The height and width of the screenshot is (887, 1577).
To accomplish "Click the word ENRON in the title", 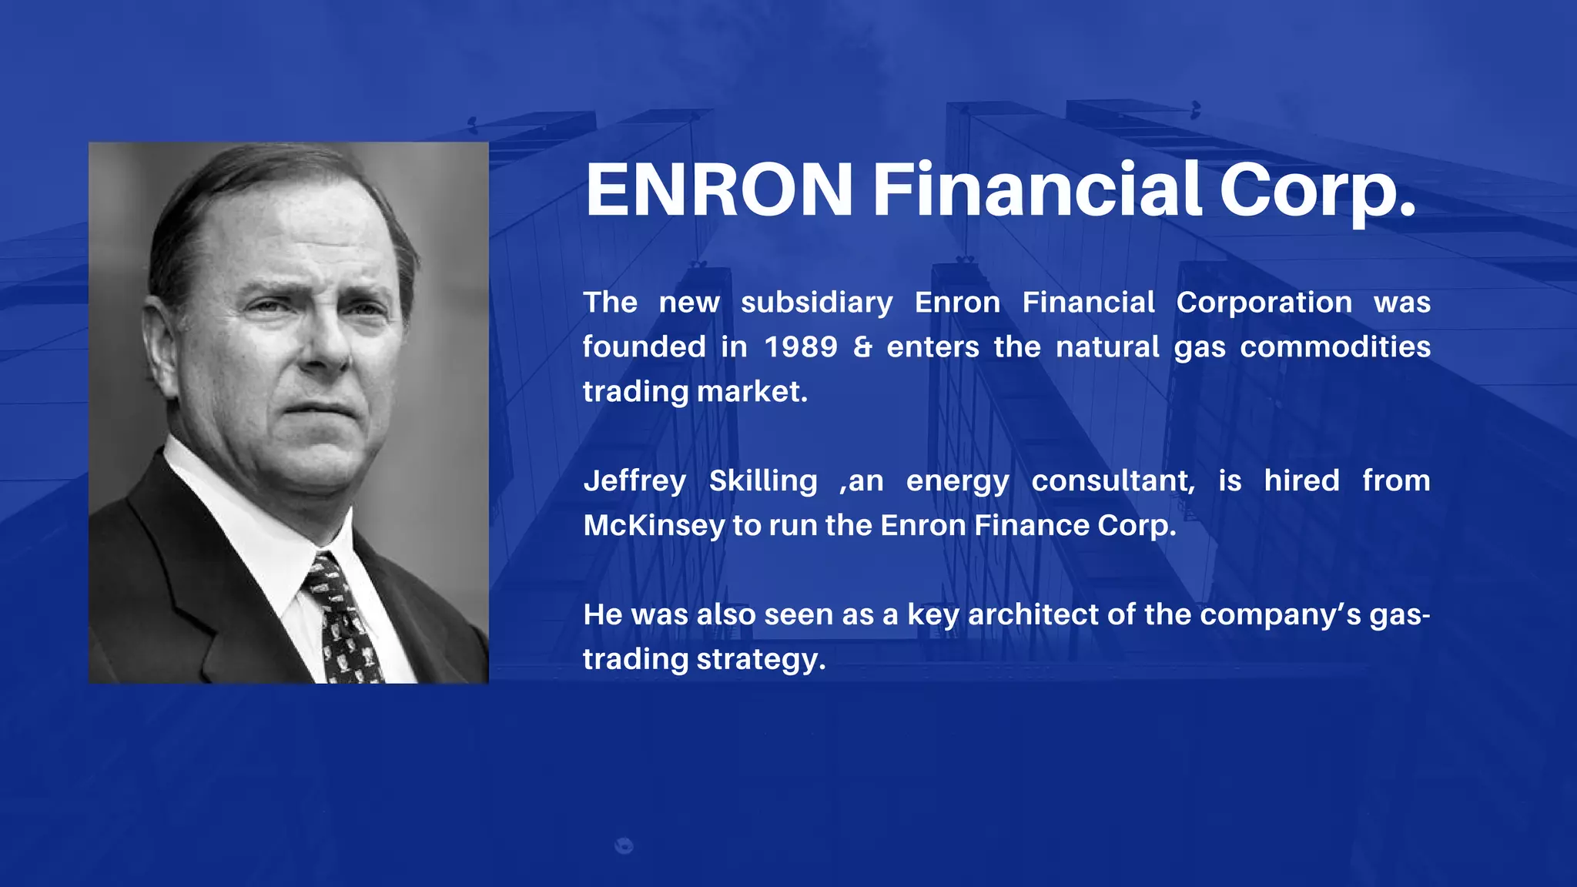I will point(719,189).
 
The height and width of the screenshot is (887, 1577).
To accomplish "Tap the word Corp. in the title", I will point(1317,189).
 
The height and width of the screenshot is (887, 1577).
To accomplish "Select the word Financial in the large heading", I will point(1036,189).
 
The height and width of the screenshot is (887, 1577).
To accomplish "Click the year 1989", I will point(801,347).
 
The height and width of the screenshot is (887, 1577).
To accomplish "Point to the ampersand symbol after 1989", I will point(862,347).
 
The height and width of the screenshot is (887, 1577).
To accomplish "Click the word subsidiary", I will point(816,303).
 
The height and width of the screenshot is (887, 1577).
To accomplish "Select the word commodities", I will point(1335,347).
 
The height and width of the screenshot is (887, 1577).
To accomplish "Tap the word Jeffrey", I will point(634,481).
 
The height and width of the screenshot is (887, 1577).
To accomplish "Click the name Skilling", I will point(763,481).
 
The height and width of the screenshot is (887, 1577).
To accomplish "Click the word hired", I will point(1301,481).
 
